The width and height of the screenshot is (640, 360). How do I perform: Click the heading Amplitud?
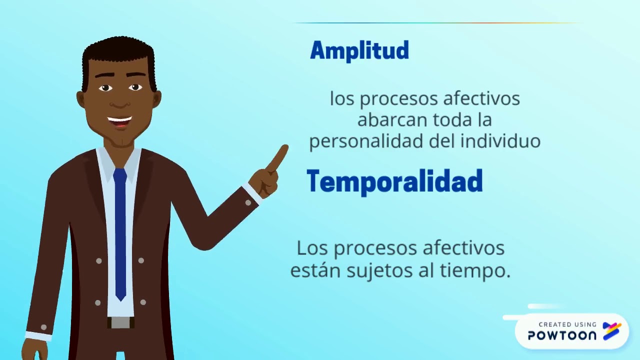pyautogui.click(x=359, y=50)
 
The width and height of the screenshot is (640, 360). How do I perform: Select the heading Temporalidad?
pyautogui.click(x=394, y=181)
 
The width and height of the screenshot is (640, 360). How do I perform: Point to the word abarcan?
pyautogui.click(x=385, y=120)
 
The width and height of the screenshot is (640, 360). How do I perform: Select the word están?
pyautogui.click(x=312, y=270)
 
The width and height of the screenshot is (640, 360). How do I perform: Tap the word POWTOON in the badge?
pyautogui.click(x=562, y=335)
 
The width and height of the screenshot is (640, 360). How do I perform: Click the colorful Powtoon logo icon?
pyautogui.click(x=612, y=331)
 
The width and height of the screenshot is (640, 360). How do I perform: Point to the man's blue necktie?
pyautogui.click(x=120, y=230)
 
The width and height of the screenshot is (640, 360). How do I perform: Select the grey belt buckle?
pyautogui.click(x=120, y=322)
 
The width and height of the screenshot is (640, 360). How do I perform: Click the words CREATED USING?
pyautogui.click(x=567, y=324)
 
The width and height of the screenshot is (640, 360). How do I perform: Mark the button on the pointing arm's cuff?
pyautogui.click(x=248, y=202)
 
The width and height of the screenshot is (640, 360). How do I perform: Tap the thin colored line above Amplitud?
pyautogui.click(x=437, y=23)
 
